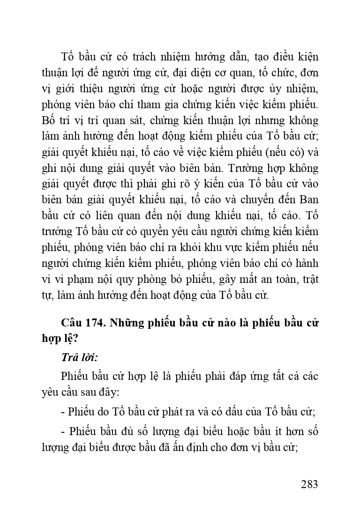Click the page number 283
[309, 484]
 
